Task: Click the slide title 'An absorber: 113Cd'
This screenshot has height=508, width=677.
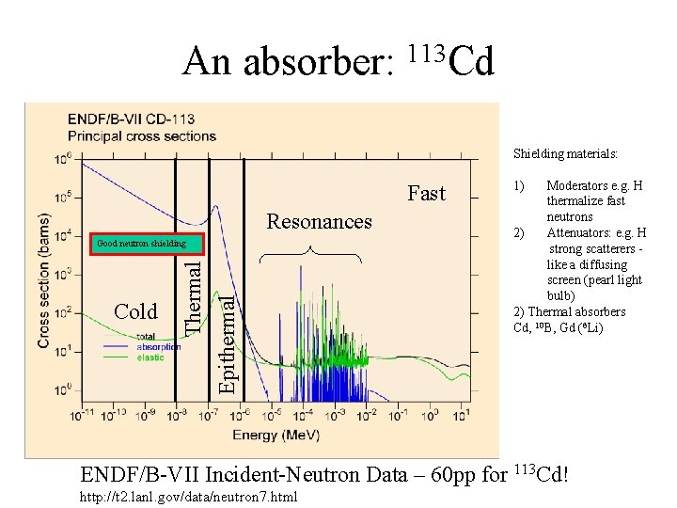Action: (x=338, y=62)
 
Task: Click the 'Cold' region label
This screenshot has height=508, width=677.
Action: (x=135, y=311)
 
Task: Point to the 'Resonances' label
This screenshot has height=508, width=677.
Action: (x=320, y=222)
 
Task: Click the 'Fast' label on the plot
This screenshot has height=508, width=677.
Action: (x=426, y=194)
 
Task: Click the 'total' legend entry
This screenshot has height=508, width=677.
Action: (x=146, y=337)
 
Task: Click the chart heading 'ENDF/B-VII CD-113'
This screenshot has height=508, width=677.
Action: (x=129, y=119)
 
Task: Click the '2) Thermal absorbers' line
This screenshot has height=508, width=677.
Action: (x=569, y=312)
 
